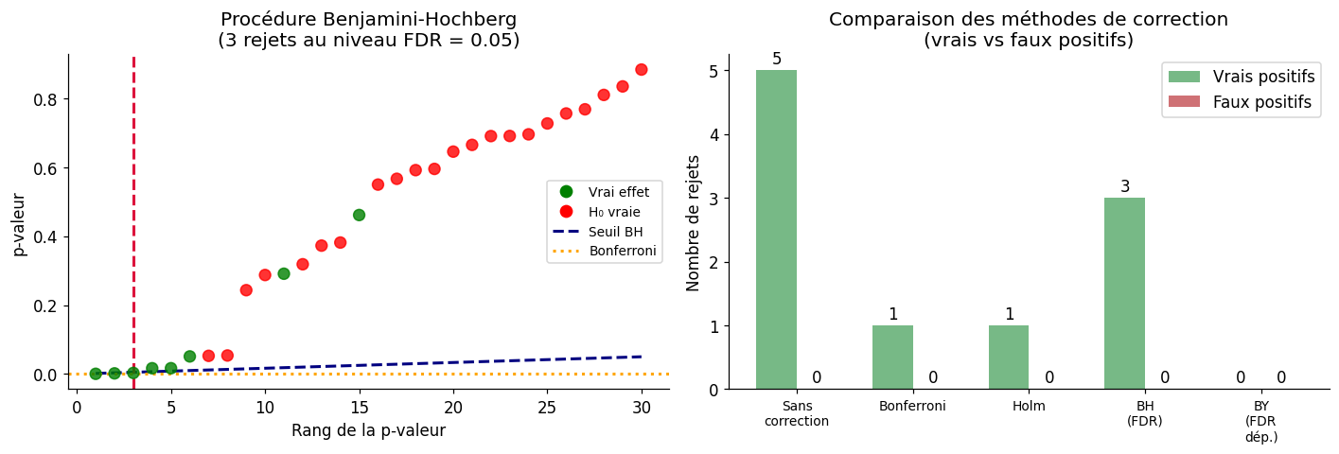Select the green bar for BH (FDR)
click(1124, 293)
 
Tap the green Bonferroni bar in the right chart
click(892, 358)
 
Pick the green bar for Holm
click(1009, 358)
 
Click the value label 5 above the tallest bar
click(777, 60)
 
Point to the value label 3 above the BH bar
click(1125, 187)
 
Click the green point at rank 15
click(359, 215)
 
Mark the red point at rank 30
click(642, 70)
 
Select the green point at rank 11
click(284, 273)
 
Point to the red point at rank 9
click(246, 290)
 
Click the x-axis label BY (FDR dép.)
click(1261, 421)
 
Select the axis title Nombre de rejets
click(694, 222)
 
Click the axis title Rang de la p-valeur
click(368, 431)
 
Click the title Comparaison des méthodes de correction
click(1028, 19)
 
